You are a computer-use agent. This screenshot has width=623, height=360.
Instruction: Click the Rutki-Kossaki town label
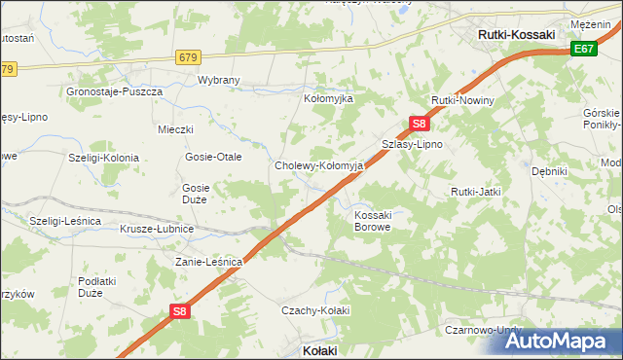pyautogui.click(x=517, y=34)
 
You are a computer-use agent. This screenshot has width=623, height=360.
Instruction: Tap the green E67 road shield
pyautogui.click(x=584, y=49)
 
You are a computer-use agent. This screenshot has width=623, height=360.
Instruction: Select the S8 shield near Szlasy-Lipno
pyautogui.click(x=419, y=124)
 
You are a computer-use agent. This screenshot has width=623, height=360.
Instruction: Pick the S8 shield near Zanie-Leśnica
pyautogui.click(x=179, y=311)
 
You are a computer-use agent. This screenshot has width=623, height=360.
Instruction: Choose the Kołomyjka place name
pyautogui.click(x=329, y=99)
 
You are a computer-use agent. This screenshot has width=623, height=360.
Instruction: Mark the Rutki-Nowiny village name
pyautogui.click(x=463, y=101)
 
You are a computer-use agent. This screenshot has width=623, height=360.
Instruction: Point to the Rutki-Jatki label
pyautogui.click(x=475, y=192)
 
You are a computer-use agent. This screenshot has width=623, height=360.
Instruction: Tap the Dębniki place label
pyautogui.click(x=549, y=171)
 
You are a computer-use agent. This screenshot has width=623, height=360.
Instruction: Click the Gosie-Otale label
pyautogui.click(x=213, y=157)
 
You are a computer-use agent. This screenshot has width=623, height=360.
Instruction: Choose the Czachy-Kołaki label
pyautogui.click(x=314, y=309)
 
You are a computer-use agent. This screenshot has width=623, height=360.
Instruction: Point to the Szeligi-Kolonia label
pyautogui.click(x=103, y=157)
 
